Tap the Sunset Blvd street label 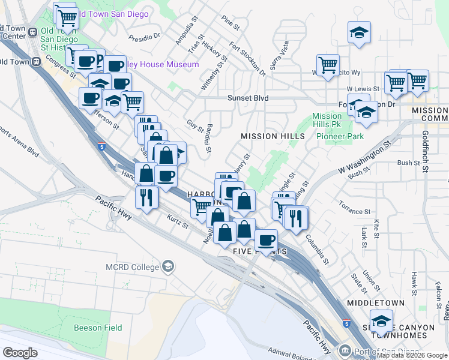point(248,98)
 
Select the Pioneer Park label point(347,137)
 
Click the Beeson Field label point(98,328)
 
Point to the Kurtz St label point(178,221)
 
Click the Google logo point(20,353)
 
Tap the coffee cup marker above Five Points point(266,240)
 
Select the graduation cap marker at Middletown point(381,322)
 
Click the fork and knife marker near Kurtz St point(146,197)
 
